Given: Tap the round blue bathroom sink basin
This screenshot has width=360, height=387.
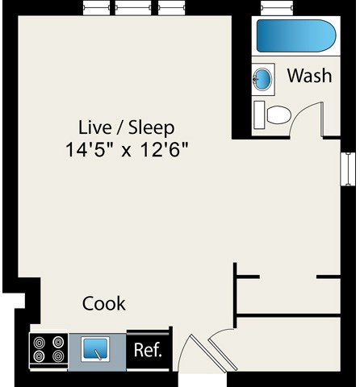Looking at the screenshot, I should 263,79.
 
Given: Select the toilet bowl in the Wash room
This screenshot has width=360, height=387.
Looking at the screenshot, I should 278,114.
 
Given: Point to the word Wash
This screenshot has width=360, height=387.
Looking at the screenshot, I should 309,77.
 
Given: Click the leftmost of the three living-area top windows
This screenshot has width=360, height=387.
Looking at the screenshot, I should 96,8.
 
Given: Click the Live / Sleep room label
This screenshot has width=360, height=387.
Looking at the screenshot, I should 127,127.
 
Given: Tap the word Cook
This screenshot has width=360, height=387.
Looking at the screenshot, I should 104,304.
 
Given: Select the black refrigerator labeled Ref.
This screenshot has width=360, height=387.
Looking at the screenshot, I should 148,351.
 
